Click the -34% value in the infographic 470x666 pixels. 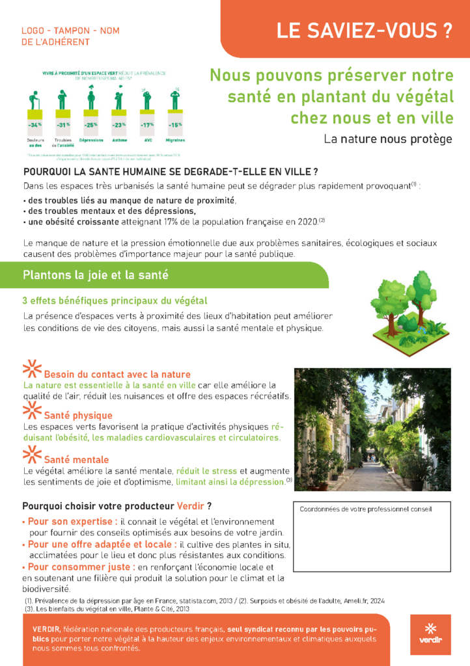click(35, 124)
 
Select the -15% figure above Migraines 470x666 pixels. click(175, 124)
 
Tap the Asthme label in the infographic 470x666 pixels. click(118, 140)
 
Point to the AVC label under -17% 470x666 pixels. click(147, 140)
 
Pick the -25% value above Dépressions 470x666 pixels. click(90, 124)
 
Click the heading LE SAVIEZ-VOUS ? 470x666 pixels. click(364, 30)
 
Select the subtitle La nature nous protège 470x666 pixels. click(387, 139)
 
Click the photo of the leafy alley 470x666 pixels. click(372, 429)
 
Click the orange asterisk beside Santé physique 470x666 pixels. click(31, 410)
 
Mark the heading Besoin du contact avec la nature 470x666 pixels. click(117, 374)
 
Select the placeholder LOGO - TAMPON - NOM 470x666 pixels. click(70, 31)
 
